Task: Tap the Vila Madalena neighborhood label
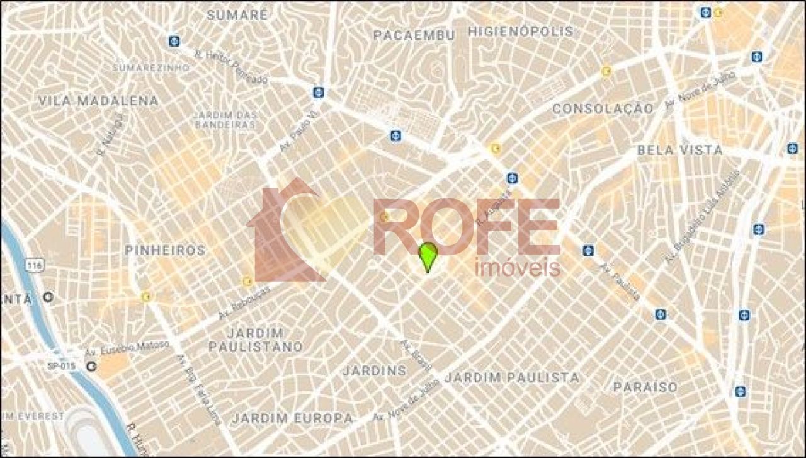(x=98, y=101)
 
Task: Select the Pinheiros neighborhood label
(x=165, y=250)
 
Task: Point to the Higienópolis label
(x=521, y=31)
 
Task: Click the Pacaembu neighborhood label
(x=414, y=35)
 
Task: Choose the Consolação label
(x=603, y=109)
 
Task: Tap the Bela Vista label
(x=680, y=150)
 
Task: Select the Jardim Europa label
(x=292, y=418)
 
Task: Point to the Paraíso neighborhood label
(x=645, y=387)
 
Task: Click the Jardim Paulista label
(x=512, y=377)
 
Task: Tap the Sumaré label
(x=237, y=15)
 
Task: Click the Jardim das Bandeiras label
(x=226, y=120)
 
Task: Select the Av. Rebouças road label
(x=244, y=302)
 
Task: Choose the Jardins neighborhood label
(x=374, y=370)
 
